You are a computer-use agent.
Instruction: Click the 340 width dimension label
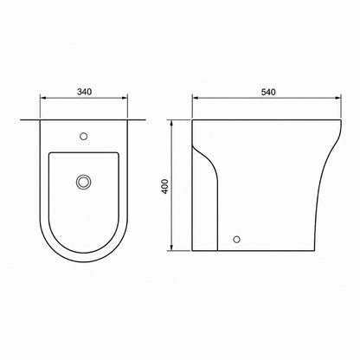pos(84,92)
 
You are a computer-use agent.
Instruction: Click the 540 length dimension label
pos(268,92)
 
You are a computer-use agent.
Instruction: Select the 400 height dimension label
pos(165,186)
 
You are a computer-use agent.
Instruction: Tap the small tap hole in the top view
pos(84,136)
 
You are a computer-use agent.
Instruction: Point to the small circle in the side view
pos(236,239)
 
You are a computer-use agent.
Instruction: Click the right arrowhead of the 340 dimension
pos(125,98)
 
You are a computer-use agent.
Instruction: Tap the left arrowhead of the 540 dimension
pos(196,98)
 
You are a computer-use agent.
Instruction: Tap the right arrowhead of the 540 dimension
pos(338,98)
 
